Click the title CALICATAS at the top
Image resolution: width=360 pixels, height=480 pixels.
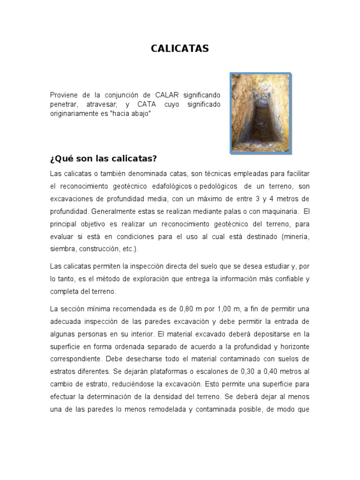(x=180, y=49)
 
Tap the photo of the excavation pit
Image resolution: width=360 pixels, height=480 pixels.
(x=261, y=112)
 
